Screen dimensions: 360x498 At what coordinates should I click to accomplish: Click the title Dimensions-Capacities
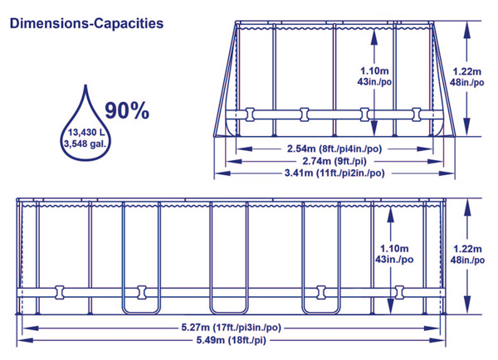pyautogui.click(x=86, y=25)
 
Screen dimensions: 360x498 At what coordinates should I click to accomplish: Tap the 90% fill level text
pyautogui.click(x=127, y=109)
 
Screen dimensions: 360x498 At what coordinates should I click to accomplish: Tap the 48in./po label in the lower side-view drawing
pyautogui.click(x=466, y=260)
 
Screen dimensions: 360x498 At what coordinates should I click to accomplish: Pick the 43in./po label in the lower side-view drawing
pyautogui.click(x=393, y=260)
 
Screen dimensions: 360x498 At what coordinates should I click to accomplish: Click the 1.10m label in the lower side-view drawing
pyautogui.click(x=393, y=247)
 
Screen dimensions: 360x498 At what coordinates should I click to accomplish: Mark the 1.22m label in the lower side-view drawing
pyautogui.click(x=466, y=247)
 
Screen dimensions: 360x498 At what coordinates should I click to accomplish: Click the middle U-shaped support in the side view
pyautogui.click(x=228, y=257)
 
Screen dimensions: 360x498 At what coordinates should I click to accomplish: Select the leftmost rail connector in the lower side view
pyautogui.click(x=59, y=292)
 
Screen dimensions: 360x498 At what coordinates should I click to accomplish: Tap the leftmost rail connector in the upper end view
pyautogui.click(x=251, y=112)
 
